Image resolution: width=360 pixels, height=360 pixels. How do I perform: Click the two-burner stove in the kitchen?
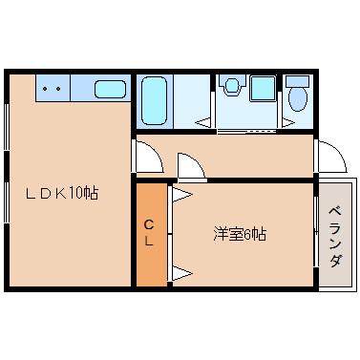coord(53,89)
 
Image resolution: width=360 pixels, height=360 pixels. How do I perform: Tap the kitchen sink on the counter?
coord(111,90)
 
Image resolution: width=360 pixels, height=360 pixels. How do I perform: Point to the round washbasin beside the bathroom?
coord(229,86)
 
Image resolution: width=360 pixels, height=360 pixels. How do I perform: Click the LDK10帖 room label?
coord(63,192)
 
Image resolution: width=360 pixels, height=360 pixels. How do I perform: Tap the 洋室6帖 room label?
coord(239,234)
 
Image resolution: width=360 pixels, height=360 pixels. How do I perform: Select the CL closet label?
coord(149,233)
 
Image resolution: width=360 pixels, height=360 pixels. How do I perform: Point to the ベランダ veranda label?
coord(335,235)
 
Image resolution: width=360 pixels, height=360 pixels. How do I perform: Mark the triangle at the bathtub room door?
coord(203,122)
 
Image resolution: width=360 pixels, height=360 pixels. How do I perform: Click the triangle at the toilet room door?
coord(287,122)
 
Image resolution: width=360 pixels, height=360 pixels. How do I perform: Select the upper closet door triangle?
coord(181,197)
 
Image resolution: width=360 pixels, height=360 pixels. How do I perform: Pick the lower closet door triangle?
coord(181,275)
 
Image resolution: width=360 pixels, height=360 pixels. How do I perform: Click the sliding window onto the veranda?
coord(316,234)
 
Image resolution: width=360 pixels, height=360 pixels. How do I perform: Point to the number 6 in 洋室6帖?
coord(246,234)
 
